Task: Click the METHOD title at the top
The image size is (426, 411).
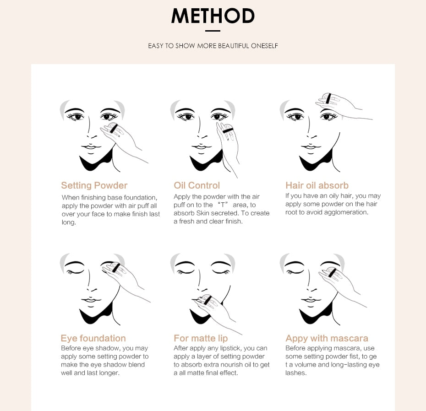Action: point(213,16)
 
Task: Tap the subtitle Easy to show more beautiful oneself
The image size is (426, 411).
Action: point(213,46)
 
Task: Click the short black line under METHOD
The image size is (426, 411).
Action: point(213,31)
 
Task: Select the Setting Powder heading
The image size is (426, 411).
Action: point(94,185)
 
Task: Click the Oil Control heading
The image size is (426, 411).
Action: point(197,185)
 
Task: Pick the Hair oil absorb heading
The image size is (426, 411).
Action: point(317,185)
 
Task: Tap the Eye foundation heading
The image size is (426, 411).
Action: point(93,338)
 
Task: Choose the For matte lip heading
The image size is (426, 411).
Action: point(200,338)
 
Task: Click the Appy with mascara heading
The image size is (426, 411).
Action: point(327,338)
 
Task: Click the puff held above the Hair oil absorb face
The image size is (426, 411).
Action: point(328,98)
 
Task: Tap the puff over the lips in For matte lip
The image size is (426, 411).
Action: point(207,300)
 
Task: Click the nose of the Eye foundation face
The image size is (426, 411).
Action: point(91,288)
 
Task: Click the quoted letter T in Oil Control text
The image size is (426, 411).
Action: point(222,205)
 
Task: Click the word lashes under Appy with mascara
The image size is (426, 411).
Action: point(295,373)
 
